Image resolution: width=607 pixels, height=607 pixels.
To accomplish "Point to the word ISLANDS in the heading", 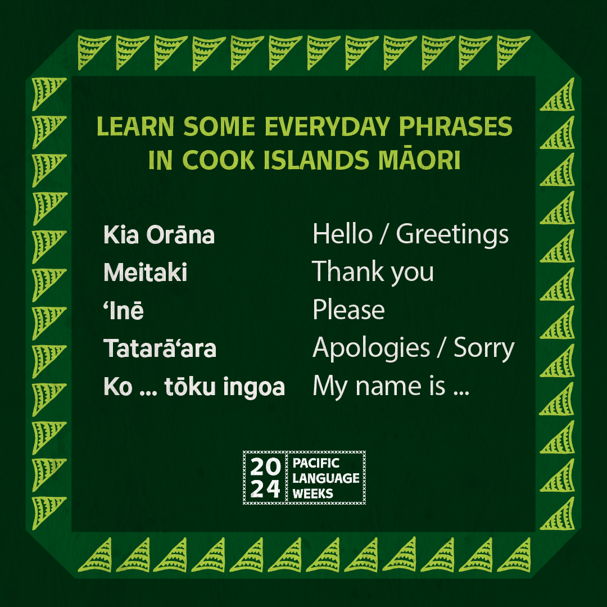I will (x=303, y=161).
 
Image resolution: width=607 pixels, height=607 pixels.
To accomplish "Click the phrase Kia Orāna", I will (x=159, y=235).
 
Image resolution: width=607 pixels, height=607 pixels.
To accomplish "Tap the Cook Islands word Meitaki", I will (x=146, y=273).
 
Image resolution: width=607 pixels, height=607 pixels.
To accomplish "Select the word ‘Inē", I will (x=123, y=310).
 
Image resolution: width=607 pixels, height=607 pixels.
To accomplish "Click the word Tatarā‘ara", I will (x=160, y=348).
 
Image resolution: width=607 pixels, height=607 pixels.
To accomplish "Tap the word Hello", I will (x=342, y=234).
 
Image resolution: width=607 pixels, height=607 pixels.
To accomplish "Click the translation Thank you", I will (x=373, y=273).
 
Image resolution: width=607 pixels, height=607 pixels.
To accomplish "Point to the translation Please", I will (x=348, y=310).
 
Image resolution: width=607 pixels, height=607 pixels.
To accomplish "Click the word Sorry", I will (x=484, y=348).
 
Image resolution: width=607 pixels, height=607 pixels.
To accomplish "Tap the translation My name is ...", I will (x=379, y=387).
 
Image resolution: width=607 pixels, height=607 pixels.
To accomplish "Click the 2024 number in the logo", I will (x=266, y=478).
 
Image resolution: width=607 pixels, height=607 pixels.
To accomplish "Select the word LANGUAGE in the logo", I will (x=326, y=478).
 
